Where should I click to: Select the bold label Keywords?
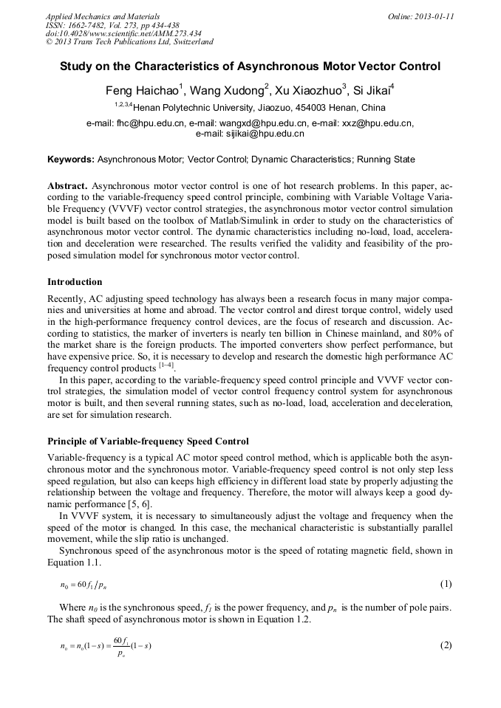coord(71,159)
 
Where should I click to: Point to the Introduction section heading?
coord(75,282)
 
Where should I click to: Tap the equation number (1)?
coord(446,584)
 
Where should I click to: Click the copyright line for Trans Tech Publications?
coord(129,43)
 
